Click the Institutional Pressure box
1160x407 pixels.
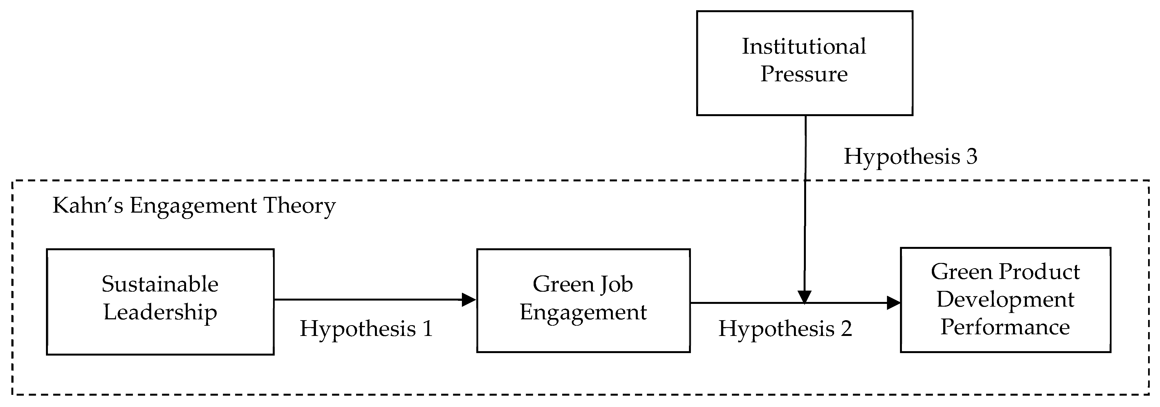(x=804, y=63)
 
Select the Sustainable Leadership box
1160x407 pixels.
(x=160, y=301)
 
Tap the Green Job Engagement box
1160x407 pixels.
(x=583, y=301)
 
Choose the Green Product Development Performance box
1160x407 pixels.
(x=1005, y=299)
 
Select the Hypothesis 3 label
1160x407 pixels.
(x=910, y=156)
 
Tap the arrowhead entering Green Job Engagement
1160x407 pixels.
(x=469, y=299)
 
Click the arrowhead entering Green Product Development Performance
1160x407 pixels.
(x=893, y=303)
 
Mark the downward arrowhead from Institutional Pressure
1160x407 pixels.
(x=804, y=297)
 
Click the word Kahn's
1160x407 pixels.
(x=88, y=206)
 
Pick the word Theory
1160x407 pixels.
(x=299, y=206)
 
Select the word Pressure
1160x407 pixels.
(x=804, y=74)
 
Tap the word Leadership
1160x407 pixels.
(x=160, y=312)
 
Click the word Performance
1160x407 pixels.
(x=1005, y=327)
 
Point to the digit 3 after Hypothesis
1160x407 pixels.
(x=971, y=156)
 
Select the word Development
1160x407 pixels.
(x=1005, y=299)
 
